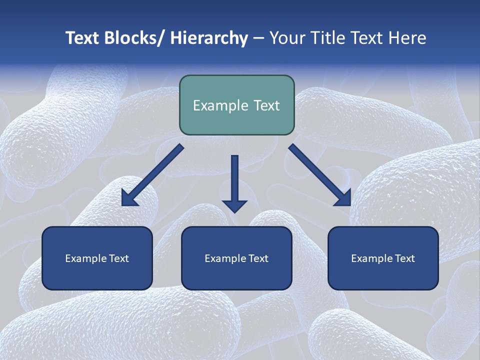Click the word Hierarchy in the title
coord(209,38)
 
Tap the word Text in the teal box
coord(265,105)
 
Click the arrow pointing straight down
coord(235,180)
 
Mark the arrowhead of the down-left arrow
coord(129,198)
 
